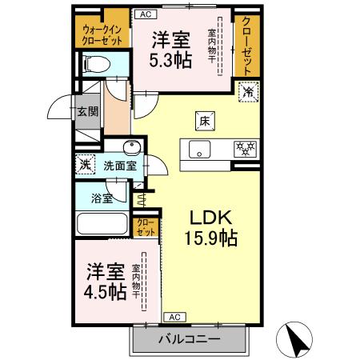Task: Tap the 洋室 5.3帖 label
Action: pyautogui.click(x=172, y=50)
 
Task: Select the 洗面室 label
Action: pyautogui.click(x=120, y=166)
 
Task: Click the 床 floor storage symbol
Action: pyautogui.click(x=203, y=121)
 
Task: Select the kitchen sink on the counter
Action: pyautogui.click(x=197, y=148)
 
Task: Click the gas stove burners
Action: pyautogui.click(x=243, y=148)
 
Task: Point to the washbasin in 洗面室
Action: pyautogui.click(x=132, y=146)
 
